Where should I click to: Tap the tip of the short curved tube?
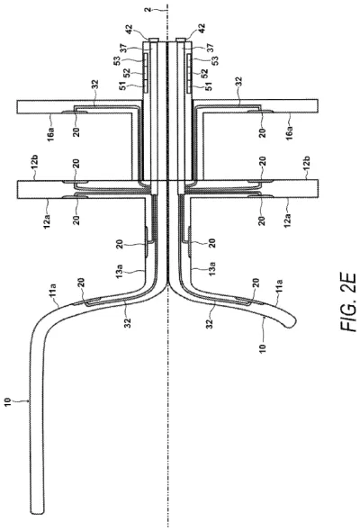tap(291, 337)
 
